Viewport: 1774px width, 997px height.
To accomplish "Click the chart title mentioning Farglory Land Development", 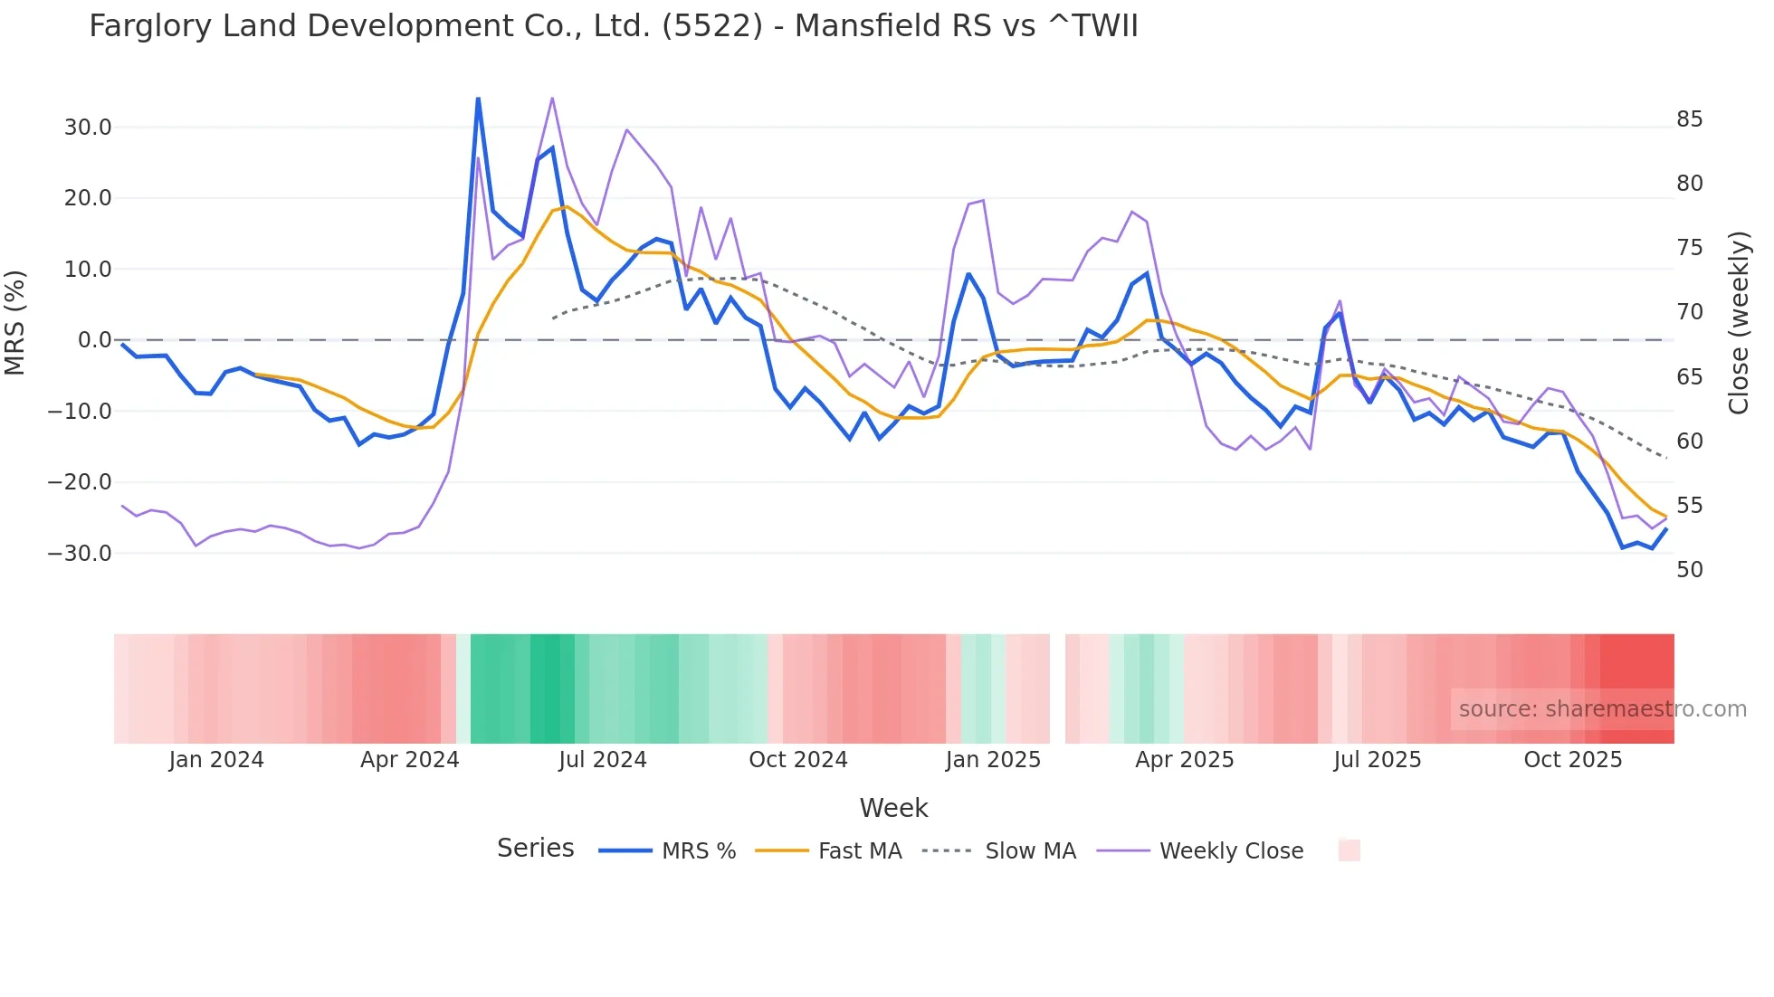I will [613, 26].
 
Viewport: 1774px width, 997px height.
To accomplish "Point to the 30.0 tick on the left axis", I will [88, 128].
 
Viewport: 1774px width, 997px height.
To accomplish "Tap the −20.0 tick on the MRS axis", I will [80, 482].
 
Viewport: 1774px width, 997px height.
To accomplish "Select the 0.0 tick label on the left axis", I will [95, 340].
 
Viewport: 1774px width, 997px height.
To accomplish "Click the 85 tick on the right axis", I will [1690, 119].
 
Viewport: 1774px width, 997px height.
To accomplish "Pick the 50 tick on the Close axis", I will [1690, 570].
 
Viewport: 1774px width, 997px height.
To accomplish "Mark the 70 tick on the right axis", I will [1690, 312].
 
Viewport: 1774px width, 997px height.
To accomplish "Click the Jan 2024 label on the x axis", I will [216, 760].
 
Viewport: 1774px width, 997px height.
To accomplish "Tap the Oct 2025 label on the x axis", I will [1573, 760].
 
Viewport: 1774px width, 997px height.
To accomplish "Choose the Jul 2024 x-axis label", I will [603, 760].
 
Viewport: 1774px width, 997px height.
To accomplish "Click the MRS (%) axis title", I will [15, 323].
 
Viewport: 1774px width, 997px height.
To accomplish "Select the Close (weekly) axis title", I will [1739, 323].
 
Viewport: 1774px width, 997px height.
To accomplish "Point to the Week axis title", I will [893, 808].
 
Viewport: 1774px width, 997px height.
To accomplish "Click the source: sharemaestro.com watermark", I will [1602, 709].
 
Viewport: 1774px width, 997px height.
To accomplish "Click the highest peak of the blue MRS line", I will [478, 99].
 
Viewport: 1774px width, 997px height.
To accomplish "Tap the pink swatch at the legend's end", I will [1350, 850].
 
